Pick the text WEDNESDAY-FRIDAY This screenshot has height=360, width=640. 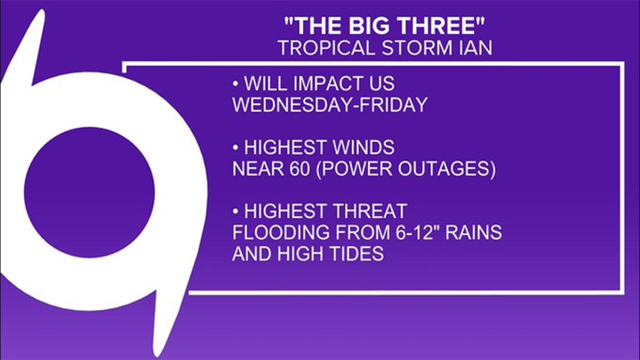pyautogui.click(x=330, y=105)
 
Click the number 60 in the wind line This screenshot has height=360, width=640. pyautogui.click(x=300, y=168)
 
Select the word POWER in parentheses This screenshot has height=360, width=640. pyautogui.click(x=355, y=168)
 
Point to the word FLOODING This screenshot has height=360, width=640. pyautogui.click(x=281, y=233)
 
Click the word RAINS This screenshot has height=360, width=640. pyautogui.click(x=473, y=233)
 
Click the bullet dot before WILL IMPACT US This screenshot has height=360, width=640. pyautogui.click(x=236, y=84)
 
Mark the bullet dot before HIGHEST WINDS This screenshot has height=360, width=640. pyautogui.click(x=236, y=147)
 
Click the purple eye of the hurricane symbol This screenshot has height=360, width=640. pyautogui.click(x=89, y=192)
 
